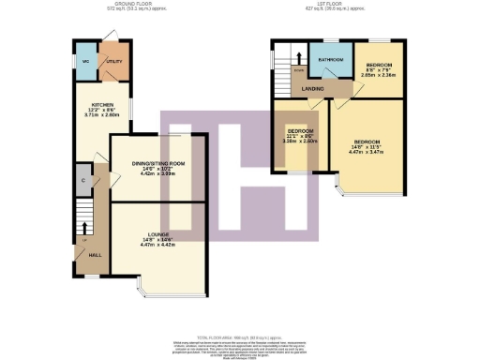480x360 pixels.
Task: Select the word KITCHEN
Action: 102,104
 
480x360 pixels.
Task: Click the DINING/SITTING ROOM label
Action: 157,163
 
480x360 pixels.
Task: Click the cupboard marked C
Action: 83,179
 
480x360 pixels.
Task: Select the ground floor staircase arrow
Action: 86,226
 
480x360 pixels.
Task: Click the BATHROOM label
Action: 330,59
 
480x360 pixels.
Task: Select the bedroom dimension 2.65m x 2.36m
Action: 379,75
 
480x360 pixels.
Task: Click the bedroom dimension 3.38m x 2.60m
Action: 300,142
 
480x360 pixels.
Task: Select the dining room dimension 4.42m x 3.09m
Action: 157,173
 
